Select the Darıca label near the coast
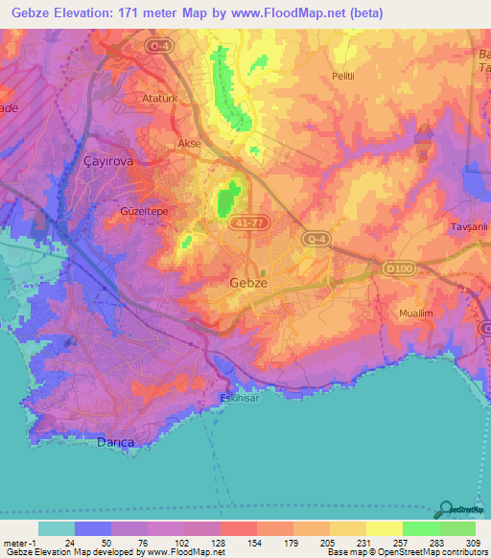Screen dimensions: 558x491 (119, 441)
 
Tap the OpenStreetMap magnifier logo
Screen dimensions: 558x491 (447, 508)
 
